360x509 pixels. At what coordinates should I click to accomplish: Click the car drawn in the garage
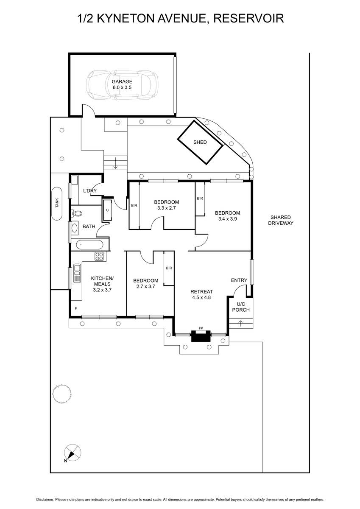[x=122, y=84]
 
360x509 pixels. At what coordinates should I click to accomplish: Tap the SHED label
[x=200, y=142]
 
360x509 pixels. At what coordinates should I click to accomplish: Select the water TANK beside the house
[x=57, y=203]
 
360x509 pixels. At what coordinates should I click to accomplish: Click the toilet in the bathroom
[x=77, y=213]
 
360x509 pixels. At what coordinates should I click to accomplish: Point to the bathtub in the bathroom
[x=89, y=245]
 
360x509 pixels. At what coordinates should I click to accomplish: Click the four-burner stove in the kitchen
[x=99, y=256]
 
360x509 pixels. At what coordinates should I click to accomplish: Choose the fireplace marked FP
[x=201, y=336]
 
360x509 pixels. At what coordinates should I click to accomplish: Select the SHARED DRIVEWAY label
[x=281, y=220]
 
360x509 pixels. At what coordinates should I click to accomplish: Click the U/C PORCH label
[x=241, y=307]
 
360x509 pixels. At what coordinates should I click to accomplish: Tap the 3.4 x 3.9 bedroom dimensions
[x=228, y=219]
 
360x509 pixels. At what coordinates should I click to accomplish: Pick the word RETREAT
[x=201, y=291]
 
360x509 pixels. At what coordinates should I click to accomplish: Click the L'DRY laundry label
[x=90, y=190]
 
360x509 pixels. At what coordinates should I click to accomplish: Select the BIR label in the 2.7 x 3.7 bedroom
[x=169, y=268]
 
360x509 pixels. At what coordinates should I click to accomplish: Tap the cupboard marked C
[x=107, y=210]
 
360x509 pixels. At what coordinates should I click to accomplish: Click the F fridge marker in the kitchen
[x=76, y=308]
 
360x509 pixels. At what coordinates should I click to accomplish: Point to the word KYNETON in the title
[x=126, y=18]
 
